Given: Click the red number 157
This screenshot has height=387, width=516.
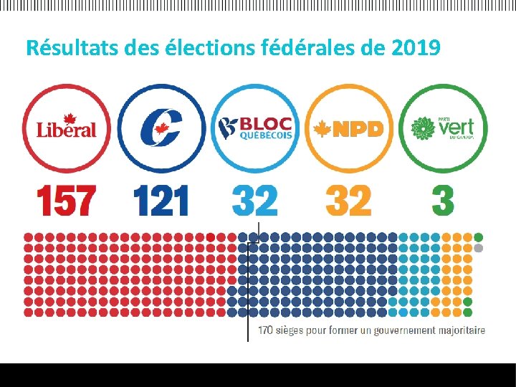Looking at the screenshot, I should (x=67, y=201).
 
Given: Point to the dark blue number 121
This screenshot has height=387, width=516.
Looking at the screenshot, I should (x=161, y=201).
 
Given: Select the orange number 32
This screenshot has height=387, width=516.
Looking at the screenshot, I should (x=348, y=201).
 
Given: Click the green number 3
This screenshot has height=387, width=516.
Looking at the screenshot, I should (x=442, y=201).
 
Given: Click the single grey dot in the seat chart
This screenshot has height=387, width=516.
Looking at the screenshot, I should (x=479, y=248).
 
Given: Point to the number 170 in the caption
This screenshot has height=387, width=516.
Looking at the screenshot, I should (x=265, y=330).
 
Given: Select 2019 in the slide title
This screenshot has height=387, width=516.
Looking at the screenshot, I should (x=416, y=49).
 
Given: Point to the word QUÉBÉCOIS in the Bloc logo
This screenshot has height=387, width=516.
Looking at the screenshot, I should (x=265, y=136).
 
